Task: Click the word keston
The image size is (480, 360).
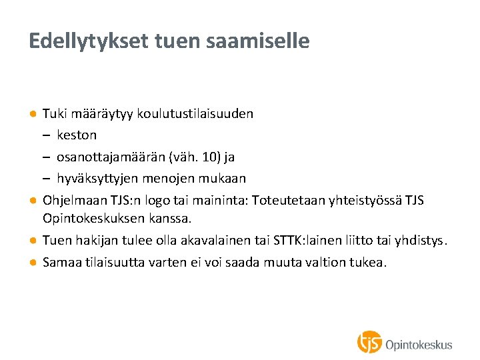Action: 77,135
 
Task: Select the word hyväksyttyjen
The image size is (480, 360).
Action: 93,178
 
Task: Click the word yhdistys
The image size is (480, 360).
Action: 423,241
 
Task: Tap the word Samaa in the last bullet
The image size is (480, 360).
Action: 60,263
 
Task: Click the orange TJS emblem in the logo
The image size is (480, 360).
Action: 369,342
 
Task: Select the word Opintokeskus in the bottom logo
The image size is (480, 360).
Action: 419,345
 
